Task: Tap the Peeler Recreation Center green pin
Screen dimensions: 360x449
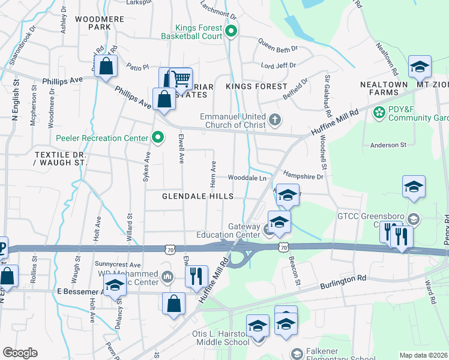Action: [157, 138]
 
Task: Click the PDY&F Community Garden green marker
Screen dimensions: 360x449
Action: [379, 112]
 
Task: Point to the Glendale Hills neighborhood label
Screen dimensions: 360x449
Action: [197, 196]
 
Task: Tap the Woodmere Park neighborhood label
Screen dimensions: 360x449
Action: [100, 23]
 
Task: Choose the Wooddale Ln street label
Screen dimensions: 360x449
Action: [247, 178]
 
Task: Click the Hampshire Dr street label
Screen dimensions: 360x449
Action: [303, 176]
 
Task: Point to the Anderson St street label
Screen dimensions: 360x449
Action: [388, 145]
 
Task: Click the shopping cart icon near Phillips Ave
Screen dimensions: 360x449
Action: [180, 79]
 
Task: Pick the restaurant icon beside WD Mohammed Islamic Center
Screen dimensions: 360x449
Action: [196, 277]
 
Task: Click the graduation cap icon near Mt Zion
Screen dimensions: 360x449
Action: [420, 67]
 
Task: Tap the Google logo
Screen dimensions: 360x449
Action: [20, 353]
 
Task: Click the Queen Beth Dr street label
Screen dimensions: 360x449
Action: [278, 43]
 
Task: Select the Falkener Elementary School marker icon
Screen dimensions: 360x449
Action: [295, 353]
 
